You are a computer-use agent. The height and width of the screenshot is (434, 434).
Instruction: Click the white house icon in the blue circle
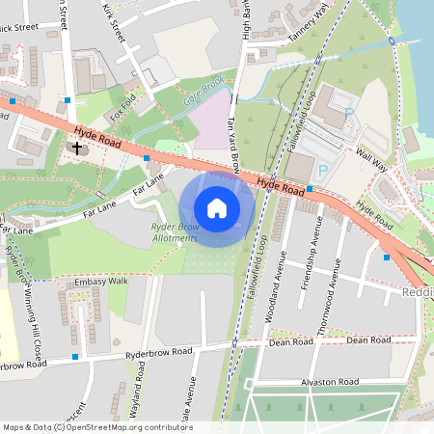(217, 207)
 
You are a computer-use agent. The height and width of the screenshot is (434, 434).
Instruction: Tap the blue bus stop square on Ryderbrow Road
(75, 357)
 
